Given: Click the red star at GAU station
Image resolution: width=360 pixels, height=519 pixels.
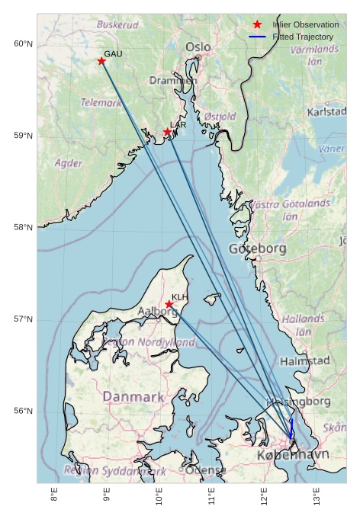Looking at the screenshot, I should [x=101, y=61].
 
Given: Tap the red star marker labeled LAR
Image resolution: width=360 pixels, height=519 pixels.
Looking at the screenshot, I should [x=168, y=132].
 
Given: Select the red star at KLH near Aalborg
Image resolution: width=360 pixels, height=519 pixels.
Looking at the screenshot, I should [x=169, y=304].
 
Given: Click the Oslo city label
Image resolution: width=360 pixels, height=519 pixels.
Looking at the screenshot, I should [x=198, y=47].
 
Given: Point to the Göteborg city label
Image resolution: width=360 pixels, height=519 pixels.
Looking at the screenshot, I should [x=257, y=248].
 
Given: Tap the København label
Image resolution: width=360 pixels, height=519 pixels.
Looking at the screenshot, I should [x=293, y=455].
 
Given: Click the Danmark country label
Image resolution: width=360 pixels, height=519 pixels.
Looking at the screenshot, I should [x=133, y=397].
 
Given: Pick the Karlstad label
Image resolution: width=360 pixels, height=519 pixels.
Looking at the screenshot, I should [x=326, y=112].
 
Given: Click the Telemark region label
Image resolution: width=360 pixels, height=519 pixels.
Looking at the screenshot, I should [x=101, y=102].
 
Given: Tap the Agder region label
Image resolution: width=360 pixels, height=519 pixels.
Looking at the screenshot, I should [x=69, y=163].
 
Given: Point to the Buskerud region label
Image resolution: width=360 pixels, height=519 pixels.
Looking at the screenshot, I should [x=117, y=24].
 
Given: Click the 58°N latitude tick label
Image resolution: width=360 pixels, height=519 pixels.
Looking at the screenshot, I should [x=24, y=227].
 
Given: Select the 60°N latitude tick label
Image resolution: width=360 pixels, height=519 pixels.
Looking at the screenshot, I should [x=24, y=43].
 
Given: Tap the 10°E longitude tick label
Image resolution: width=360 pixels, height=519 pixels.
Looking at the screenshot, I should [x=159, y=496].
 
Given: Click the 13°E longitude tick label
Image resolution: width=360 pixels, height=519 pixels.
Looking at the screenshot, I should [x=317, y=496].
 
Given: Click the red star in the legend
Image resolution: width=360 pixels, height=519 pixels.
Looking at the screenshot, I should [x=257, y=24].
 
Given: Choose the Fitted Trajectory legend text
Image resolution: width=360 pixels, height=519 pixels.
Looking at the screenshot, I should [x=303, y=37].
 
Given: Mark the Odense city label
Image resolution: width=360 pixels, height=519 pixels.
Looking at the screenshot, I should [x=205, y=470].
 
